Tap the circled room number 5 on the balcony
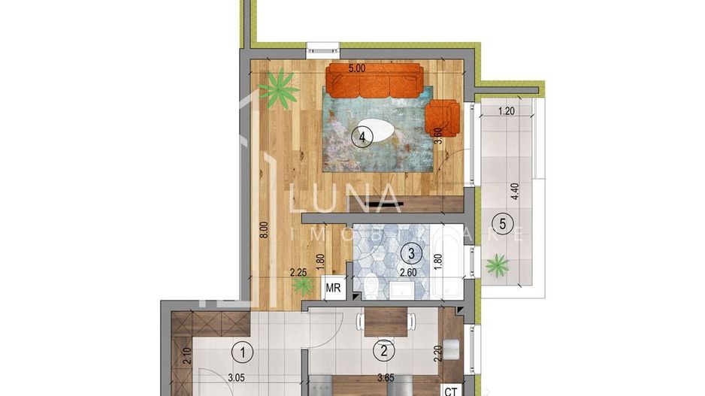(x=501, y=223)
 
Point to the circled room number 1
(x=241, y=350)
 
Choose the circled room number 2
(x=384, y=349)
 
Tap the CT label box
(x=452, y=390)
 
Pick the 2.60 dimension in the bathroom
(x=408, y=273)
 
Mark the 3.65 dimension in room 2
(x=386, y=378)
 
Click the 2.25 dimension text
(x=300, y=273)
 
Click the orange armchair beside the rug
(x=442, y=116)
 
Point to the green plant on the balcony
(x=496, y=265)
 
